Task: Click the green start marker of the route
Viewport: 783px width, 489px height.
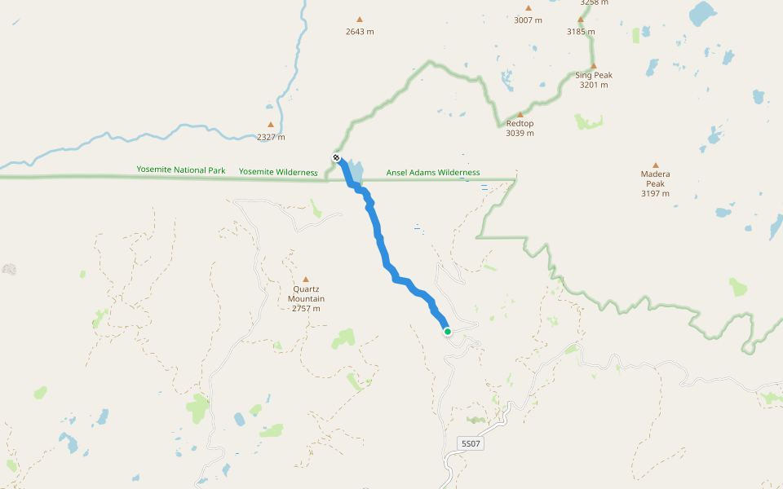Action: coord(448,331)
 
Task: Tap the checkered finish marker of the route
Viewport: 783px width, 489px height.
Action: coord(336,157)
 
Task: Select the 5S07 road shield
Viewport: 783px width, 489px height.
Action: coord(471,444)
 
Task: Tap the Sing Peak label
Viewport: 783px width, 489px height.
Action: coord(594,80)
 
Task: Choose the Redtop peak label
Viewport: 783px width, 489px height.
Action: coord(520,128)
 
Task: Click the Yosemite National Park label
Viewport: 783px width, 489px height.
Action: coord(181,171)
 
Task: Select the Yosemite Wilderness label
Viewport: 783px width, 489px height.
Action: coord(278,172)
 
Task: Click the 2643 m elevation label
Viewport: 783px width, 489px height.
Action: coord(360,32)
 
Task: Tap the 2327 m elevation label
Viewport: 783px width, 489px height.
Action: coord(271,137)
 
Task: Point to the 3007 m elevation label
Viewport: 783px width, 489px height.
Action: coord(528,20)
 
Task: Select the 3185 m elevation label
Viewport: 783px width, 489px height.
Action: coord(581,32)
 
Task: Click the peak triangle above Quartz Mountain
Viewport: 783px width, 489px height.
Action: coord(306,280)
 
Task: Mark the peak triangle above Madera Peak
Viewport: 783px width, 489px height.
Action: coord(655,165)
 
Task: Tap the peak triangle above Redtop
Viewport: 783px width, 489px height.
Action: coord(520,115)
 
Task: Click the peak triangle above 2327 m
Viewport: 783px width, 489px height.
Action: coord(271,125)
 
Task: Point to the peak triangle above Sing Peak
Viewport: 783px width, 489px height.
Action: coord(594,66)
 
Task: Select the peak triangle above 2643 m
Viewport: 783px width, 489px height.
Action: coord(360,20)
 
